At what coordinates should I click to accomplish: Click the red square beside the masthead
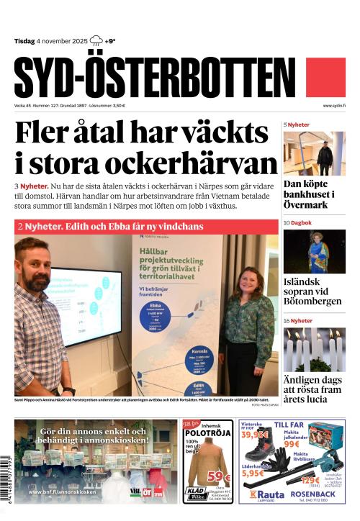[325, 78]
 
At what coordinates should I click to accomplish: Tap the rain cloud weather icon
[96, 41]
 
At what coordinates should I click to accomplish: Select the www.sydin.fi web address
[334, 106]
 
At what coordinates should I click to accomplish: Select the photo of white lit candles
[314, 349]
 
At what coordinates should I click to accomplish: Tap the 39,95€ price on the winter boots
[255, 435]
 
